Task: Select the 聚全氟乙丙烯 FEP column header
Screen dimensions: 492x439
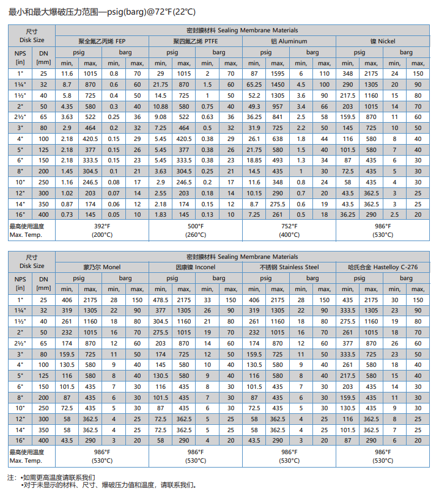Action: coord(102,41)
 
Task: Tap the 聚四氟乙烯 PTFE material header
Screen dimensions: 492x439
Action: coord(195,41)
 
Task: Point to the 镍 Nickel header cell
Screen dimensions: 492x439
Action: coord(382,41)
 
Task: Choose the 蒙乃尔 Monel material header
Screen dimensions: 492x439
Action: coord(102,267)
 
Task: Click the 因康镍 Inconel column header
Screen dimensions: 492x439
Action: coord(195,267)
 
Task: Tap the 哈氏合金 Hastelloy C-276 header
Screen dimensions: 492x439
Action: coord(382,267)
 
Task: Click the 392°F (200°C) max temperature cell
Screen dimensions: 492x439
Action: coord(102,230)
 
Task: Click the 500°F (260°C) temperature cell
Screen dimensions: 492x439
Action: coord(195,230)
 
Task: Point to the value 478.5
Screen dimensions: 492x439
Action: coord(160,300)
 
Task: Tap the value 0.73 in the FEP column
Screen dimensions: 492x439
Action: coord(67,214)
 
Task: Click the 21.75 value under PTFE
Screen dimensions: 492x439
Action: coord(160,85)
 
